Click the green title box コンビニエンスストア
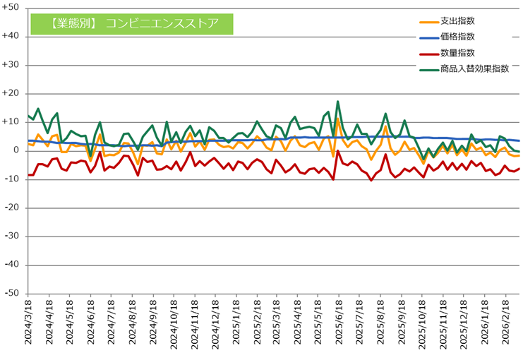pos(132,24)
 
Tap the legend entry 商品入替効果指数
pos(474,69)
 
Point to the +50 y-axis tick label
pos(12,8)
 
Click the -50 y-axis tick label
pos(13,294)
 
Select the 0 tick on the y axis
pos(17,150)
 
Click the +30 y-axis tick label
pos(12,65)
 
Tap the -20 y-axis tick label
pos(13,208)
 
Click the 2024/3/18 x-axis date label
pos(28,325)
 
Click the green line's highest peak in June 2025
pos(338,102)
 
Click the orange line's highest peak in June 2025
pos(338,119)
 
